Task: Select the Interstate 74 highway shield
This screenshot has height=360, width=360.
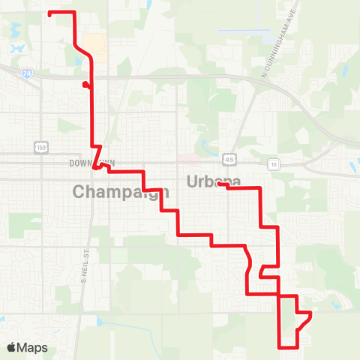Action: [27, 73]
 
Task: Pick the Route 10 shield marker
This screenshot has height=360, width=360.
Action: [274, 163]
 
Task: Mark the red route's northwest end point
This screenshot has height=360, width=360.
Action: [49, 13]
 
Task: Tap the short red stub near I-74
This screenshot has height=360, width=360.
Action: [87, 85]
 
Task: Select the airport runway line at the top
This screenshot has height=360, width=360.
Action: [244, 32]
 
